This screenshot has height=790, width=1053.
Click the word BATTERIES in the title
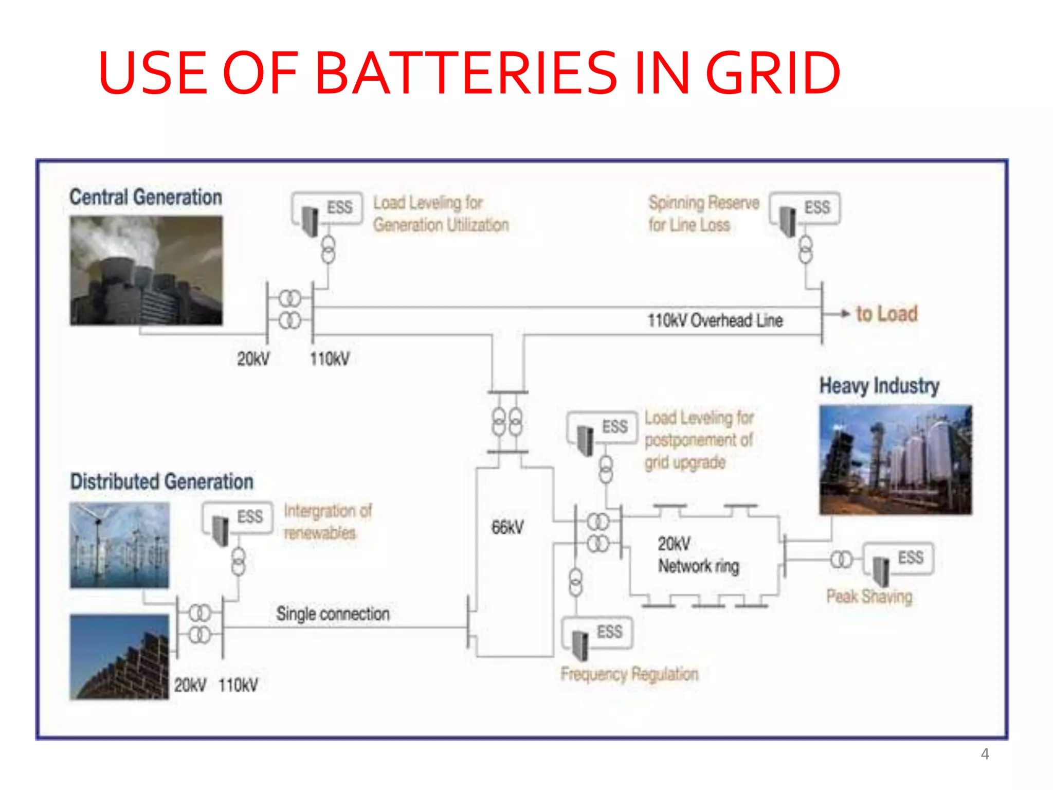pyautogui.click(x=465, y=73)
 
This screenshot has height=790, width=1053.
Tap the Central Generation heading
pyautogui.click(x=146, y=197)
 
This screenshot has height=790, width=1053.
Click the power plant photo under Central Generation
pyautogui.click(x=147, y=270)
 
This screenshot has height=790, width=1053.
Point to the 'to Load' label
pyautogui.click(x=886, y=314)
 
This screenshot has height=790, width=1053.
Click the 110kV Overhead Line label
pyautogui.click(x=715, y=320)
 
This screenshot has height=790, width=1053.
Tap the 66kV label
pyautogui.click(x=507, y=527)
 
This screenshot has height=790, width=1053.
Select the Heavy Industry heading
pyautogui.click(x=879, y=386)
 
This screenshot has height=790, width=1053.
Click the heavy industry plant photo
pyautogui.click(x=896, y=459)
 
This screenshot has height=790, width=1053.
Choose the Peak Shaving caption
pyautogui.click(x=869, y=597)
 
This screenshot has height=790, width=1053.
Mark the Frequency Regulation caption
pyautogui.click(x=629, y=674)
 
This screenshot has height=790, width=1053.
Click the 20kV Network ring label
pyautogui.click(x=698, y=555)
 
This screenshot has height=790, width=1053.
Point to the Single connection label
pyautogui.click(x=333, y=614)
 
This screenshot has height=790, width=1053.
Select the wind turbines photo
pyautogui.click(x=119, y=545)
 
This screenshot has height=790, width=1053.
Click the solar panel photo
pyautogui.click(x=119, y=657)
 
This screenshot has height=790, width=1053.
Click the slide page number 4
pyautogui.click(x=985, y=754)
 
